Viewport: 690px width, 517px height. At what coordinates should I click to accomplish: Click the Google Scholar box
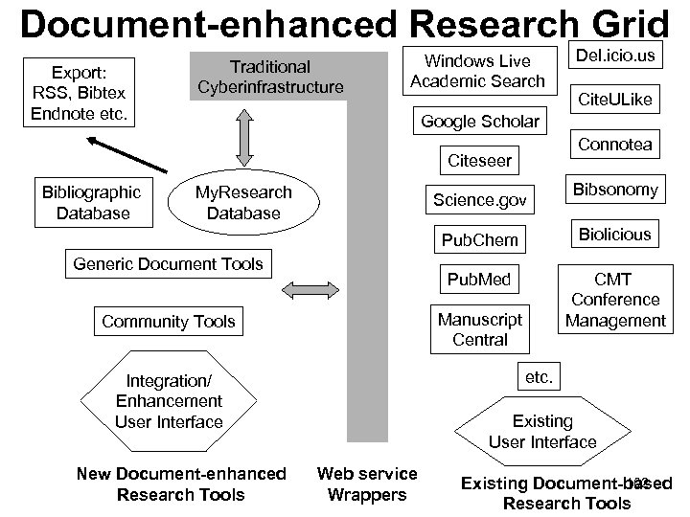click(480, 122)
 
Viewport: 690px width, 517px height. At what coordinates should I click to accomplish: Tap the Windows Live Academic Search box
click(477, 71)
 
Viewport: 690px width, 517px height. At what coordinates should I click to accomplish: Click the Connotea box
click(614, 145)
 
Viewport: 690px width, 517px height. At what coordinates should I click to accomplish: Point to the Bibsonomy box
click(614, 190)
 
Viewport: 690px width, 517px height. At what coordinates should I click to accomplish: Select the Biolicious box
click(614, 234)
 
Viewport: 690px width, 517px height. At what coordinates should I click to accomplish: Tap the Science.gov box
click(479, 200)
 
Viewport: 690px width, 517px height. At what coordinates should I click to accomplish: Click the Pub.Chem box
click(479, 239)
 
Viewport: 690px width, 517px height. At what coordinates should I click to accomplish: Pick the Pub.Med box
click(479, 280)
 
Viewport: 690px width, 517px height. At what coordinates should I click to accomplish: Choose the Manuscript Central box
click(479, 329)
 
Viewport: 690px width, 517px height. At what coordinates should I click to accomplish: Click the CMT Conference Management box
click(613, 300)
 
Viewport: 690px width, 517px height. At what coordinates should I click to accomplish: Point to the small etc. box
click(539, 376)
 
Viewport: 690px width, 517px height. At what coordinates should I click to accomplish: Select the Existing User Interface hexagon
click(541, 431)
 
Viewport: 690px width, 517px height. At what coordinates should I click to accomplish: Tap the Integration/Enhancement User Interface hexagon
click(169, 401)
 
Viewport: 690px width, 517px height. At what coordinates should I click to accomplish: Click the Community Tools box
click(169, 321)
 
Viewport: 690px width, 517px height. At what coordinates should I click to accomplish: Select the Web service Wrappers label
click(367, 483)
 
